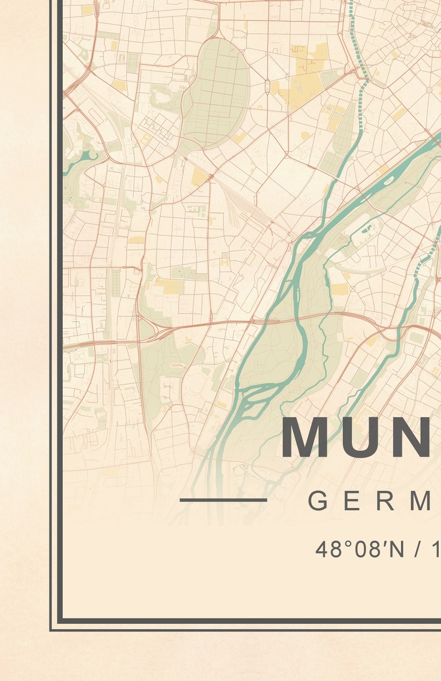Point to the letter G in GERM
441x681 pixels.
tap(319, 501)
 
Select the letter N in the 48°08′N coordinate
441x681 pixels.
tap(396, 549)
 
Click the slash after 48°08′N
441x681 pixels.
tap(417, 549)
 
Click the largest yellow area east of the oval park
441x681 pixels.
tap(303, 83)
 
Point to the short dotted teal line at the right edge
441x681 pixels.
tap(428, 255)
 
